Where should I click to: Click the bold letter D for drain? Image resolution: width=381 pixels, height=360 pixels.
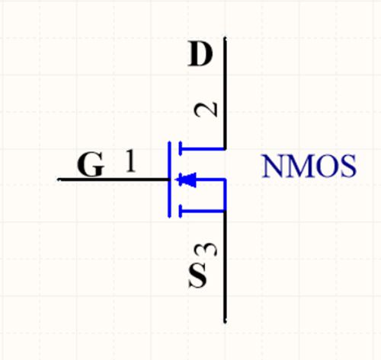[x=200, y=54]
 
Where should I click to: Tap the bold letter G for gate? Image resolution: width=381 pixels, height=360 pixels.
[x=91, y=164]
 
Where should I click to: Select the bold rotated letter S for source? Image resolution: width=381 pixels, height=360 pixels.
[x=197, y=276]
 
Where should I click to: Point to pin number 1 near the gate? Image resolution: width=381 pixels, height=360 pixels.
[x=131, y=161]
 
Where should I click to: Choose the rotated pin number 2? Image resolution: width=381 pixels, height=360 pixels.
[x=207, y=110]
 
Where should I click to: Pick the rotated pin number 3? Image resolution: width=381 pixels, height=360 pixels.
[x=207, y=250]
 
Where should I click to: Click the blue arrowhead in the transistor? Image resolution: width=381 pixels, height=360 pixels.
[x=186, y=180]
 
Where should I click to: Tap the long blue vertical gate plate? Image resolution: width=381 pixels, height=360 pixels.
[x=169, y=180]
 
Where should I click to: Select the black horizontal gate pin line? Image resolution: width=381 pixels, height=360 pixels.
[x=114, y=180]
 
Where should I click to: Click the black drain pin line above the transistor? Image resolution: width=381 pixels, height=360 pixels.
[x=225, y=93]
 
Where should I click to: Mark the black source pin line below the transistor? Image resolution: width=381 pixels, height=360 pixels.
[x=225, y=266]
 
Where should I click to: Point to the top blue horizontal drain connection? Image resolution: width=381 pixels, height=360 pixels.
[x=203, y=148]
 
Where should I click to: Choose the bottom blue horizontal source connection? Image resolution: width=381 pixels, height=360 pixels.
[x=203, y=211]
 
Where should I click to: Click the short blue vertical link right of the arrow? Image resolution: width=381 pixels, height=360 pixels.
[x=225, y=195]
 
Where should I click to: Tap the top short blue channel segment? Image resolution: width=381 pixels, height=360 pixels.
[x=181, y=148]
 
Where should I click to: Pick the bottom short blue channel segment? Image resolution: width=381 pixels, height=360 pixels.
[x=181, y=211]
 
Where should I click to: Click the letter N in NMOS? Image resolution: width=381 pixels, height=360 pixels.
[x=274, y=167]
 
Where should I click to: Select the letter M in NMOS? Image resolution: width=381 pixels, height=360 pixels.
[x=299, y=167]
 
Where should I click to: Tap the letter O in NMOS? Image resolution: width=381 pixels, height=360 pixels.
[x=325, y=167]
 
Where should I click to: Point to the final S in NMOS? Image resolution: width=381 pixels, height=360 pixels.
[x=347, y=167]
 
